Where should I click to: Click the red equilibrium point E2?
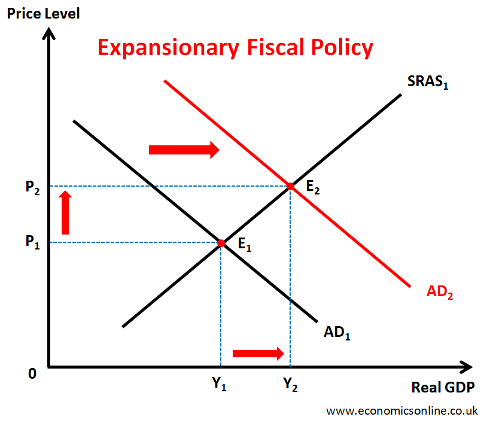tap(291, 187)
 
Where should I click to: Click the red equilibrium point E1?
tap(221, 244)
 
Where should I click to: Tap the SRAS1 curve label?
tap(428, 83)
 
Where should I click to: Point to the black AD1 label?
tap(337, 332)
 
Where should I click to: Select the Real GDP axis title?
tap(443, 387)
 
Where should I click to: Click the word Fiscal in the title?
tap(272, 47)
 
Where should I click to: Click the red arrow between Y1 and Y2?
tap(258, 354)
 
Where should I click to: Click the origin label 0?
tap(32, 373)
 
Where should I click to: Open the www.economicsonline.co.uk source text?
tap(401, 410)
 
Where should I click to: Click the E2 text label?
tap(313, 187)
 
